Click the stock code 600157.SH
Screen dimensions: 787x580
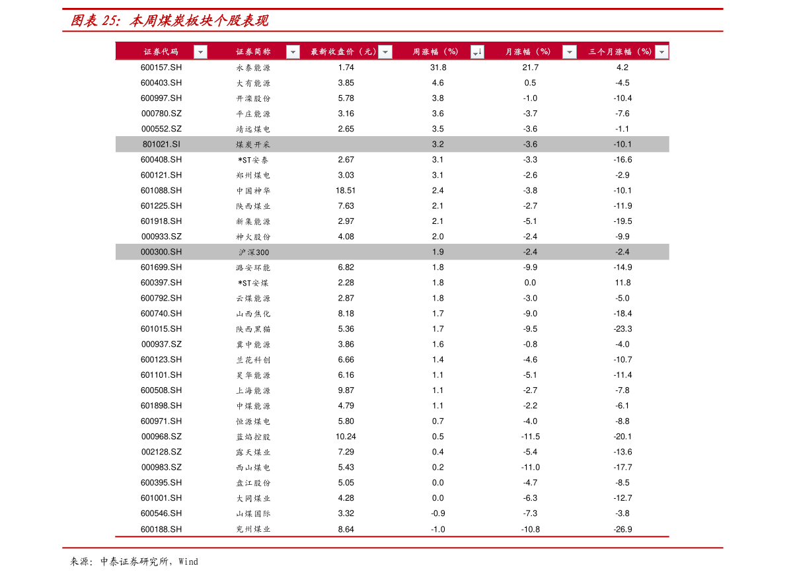(x=161, y=67)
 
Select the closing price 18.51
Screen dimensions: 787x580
(x=346, y=191)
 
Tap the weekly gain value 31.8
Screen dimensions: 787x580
(x=438, y=67)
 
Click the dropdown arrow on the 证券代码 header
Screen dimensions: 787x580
(x=200, y=52)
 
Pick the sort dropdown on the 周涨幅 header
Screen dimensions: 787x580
(x=477, y=52)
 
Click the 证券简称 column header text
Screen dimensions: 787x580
(x=254, y=52)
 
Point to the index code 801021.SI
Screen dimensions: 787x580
(x=161, y=145)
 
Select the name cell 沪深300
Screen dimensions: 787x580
(x=254, y=252)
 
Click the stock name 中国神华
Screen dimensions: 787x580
(x=254, y=191)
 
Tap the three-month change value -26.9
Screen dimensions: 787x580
(x=623, y=529)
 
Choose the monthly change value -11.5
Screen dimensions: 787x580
(x=531, y=437)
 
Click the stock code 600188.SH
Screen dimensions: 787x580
(x=161, y=529)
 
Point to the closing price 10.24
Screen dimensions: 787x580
(x=346, y=437)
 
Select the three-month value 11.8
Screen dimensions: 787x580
(x=623, y=283)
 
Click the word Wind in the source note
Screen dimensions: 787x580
(x=188, y=562)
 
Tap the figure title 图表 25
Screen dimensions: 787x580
(x=95, y=20)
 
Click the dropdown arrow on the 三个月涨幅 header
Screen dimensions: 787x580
(x=662, y=52)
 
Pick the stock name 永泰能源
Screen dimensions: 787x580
(x=254, y=68)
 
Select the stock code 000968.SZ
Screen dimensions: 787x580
(x=161, y=437)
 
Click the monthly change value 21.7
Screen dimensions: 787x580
(x=531, y=67)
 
